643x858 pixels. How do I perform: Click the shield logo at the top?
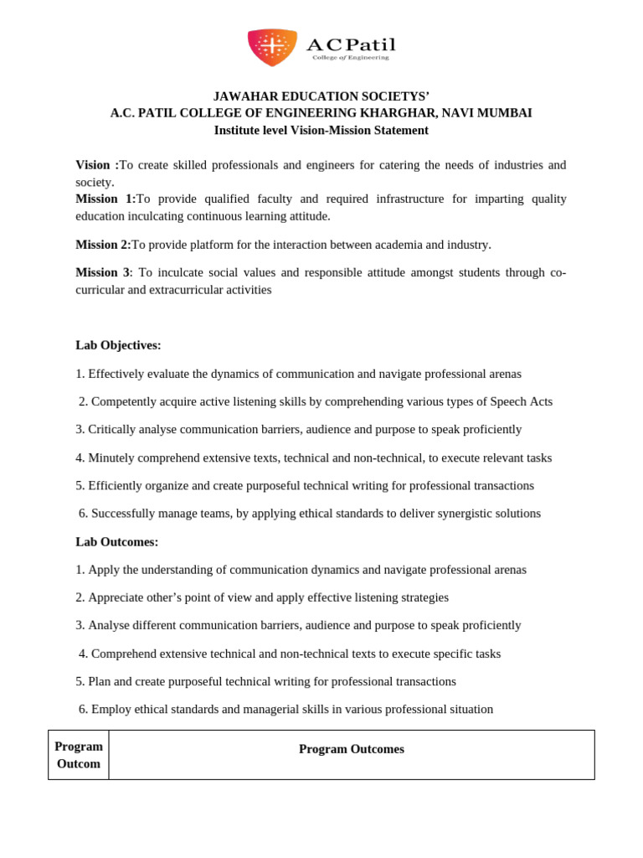pos(272,47)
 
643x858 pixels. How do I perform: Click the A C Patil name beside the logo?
pos(351,45)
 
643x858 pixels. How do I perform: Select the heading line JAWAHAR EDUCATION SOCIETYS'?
pos(321,96)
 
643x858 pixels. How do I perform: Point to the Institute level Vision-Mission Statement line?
pos(321,131)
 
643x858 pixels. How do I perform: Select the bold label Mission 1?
pos(105,199)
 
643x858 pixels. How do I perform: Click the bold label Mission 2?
pos(103,245)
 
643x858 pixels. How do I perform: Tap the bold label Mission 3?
pos(102,272)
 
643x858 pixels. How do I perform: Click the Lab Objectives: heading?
pos(118,345)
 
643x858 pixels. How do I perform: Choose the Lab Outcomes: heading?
pos(116,542)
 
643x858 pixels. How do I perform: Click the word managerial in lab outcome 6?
pos(272,710)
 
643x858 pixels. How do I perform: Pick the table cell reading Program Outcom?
pos(79,755)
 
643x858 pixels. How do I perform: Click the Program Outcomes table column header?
pos(351,749)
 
